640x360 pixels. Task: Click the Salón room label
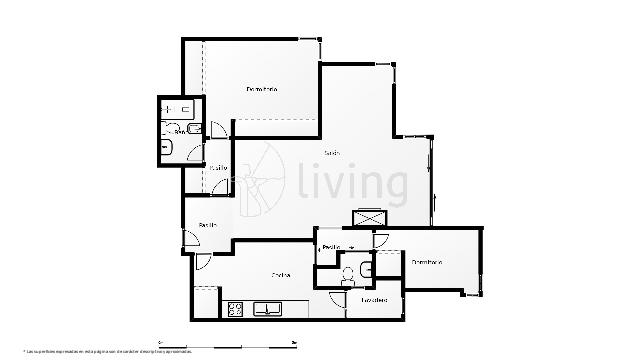coord(332,153)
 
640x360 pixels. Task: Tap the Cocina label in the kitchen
coord(281,275)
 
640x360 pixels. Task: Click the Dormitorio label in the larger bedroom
coord(262,90)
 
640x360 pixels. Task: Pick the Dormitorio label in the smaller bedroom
coord(427,262)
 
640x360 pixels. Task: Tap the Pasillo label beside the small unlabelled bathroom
coord(331,246)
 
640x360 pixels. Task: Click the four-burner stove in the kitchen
coord(237,309)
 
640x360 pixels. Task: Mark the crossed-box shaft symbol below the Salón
coord(367,217)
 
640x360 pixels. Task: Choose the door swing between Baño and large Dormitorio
coord(218,127)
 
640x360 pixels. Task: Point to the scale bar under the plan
coord(227,342)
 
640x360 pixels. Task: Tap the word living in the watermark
coord(351,183)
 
